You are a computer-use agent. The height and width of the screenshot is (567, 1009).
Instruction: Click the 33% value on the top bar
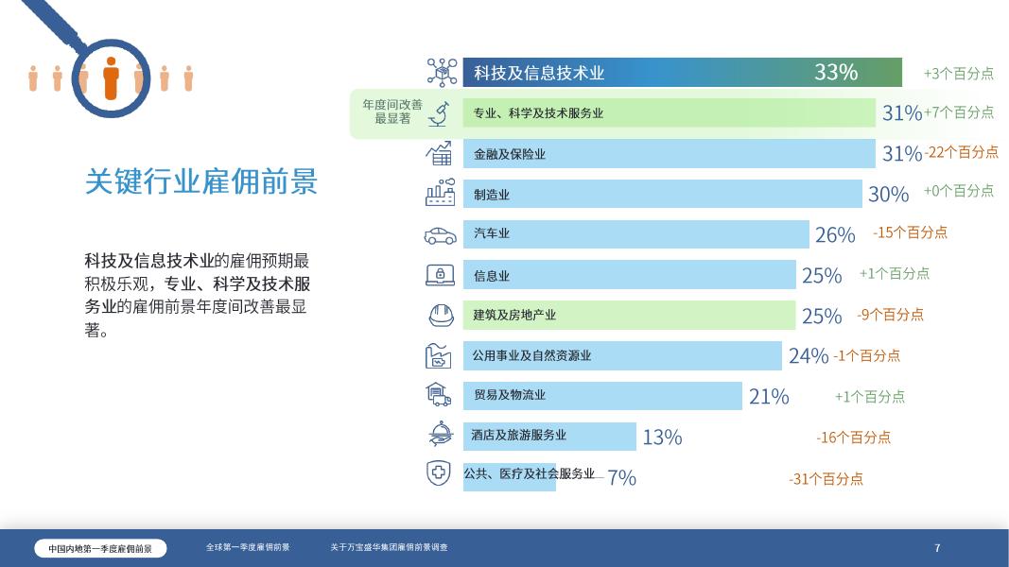tap(836, 72)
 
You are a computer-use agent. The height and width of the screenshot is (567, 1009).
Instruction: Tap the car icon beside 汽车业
tap(440, 234)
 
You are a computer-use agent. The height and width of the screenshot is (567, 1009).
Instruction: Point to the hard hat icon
tap(440, 315)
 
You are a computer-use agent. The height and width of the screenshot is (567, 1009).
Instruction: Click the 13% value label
tap(662, 437)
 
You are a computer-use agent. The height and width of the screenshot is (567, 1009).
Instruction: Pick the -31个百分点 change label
tap(826, 479)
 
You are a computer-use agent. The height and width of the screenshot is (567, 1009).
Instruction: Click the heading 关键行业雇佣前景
tap(201, 181)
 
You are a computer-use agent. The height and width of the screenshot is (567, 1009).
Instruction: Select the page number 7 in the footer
tap(937, 548)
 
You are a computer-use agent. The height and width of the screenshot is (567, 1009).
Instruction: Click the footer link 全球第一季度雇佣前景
tap(248, 547)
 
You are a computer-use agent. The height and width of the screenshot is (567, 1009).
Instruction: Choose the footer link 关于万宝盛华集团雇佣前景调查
tap(389, 547)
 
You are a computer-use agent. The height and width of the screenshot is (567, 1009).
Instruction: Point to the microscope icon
tap(439, 113)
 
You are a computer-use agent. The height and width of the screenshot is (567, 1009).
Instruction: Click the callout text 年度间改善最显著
tap(392, 112)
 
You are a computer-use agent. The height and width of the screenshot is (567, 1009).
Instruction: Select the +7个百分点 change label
tap(959, 112)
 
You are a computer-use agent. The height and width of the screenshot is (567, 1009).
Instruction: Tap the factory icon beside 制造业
tap(440, 194)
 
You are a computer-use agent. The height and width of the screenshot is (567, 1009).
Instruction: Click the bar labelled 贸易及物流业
tap(602, 396)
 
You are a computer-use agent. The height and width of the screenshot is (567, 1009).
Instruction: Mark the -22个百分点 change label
tap(961, 152)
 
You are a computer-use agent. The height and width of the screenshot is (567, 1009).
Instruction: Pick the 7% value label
tap(621, 478)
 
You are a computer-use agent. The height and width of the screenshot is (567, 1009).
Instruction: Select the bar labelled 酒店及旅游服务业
tap(549, 436)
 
